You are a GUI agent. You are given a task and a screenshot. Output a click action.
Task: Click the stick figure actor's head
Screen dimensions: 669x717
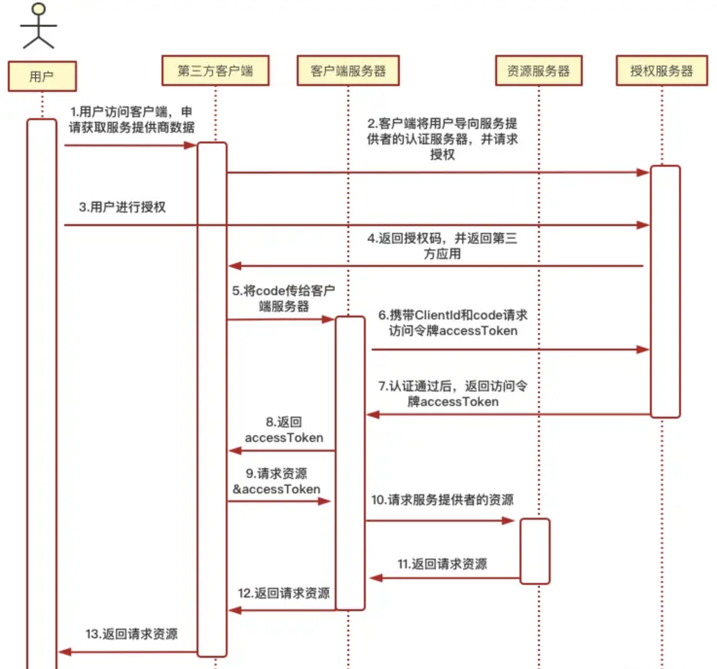coord(38,9)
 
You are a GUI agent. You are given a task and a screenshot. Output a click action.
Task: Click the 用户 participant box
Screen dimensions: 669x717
coord(42,76)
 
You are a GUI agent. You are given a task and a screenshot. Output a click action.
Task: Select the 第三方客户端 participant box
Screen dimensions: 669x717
coord(215,71)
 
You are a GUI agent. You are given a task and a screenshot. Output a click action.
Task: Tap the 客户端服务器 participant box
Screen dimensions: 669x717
coord(348,71)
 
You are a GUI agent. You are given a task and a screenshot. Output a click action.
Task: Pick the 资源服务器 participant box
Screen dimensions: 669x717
coord(538,71)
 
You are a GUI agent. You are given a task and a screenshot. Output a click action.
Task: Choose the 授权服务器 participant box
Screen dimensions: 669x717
coord(662,71)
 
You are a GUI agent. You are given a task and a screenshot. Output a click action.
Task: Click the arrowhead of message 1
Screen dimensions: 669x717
coord(190,145)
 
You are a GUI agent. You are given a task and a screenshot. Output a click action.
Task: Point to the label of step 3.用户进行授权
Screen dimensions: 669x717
coord(122,207)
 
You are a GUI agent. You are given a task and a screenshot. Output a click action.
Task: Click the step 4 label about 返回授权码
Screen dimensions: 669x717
coord(442,246)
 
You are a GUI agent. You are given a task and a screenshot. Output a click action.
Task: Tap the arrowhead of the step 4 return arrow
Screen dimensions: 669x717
coord(235,266)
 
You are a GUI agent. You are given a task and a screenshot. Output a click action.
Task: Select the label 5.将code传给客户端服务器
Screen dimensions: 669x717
coord(284,298)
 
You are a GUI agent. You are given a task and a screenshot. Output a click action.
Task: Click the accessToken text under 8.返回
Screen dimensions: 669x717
coord(284,438)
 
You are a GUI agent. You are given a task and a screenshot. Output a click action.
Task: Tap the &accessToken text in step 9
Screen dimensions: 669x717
coord(276,489)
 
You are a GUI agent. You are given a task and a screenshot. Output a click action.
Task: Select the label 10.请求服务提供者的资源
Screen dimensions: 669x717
coord(442,500)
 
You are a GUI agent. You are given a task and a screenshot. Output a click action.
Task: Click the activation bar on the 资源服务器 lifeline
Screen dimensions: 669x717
coord(535,551)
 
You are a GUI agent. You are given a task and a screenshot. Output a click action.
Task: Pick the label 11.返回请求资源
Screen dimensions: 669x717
coord(442,564)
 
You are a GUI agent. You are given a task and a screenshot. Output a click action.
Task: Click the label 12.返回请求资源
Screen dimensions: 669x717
coord(284,593)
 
